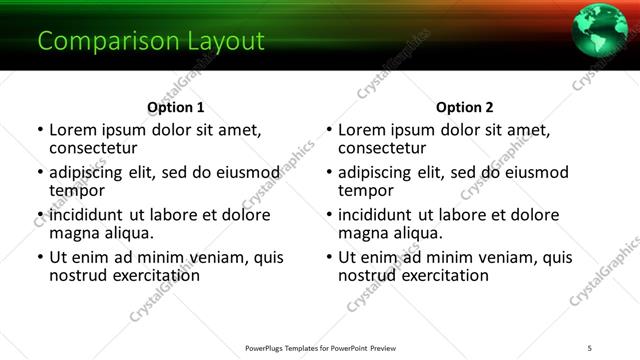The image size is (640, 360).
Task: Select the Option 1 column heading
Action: pos(175,107)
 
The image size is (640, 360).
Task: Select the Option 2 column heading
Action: pos(464,107)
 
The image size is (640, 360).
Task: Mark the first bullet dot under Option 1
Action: pos(39,130)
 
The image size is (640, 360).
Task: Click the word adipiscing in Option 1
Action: pos(89,172)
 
